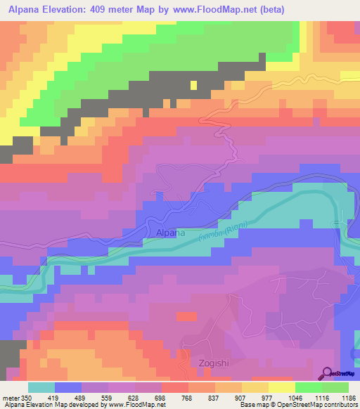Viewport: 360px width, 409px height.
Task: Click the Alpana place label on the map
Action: pyautogui.click(x=171, y=233)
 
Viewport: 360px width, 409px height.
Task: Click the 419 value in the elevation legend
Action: pyautogui.click(x=55, y=397)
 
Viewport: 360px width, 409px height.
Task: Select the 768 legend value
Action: pyautogui.click(x=175, y=397)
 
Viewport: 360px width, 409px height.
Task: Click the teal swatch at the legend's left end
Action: pyautogui.click(x=41, y=387)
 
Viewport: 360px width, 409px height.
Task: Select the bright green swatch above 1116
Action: pyautogui.click(x=309, y=387)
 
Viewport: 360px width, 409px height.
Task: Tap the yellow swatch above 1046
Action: pyautogui.click(x=282, y=387)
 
